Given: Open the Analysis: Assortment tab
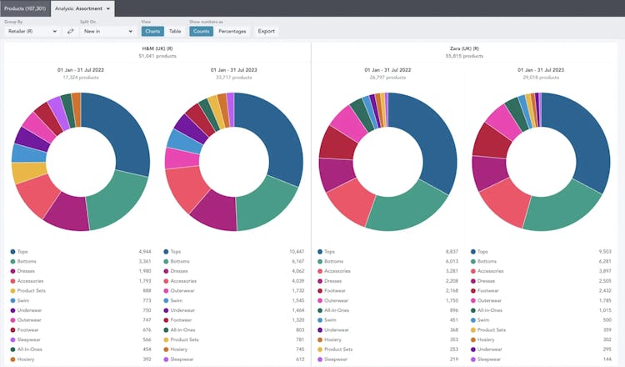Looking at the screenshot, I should pos(82,8).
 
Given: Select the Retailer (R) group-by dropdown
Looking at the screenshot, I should pos(32,31).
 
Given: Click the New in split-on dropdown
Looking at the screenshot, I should pos(107,31).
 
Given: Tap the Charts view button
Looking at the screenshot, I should pos(152,31).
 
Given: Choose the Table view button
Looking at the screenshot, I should pos(175,31).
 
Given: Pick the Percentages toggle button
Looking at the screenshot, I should pos(232,31).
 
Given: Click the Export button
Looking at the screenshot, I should pos(266,31).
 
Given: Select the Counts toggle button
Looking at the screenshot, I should pos(201,31).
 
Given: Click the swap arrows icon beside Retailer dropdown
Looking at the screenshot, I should pos(71,31).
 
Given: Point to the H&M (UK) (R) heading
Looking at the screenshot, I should pos(157,49).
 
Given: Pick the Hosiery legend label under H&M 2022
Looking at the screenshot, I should pos(26,359).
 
